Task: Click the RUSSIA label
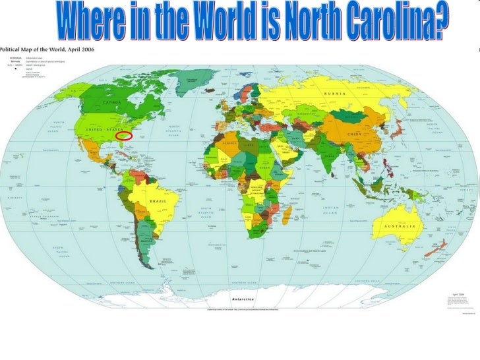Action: point(334,93)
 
